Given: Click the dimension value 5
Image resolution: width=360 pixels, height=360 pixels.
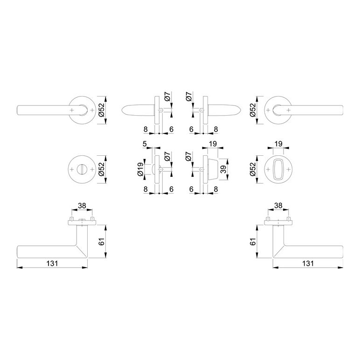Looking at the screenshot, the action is click(145, 144).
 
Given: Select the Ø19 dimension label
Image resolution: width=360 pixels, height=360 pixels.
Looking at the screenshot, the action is click(140, 169).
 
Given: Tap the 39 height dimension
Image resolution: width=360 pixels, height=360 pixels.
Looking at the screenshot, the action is click(223, 169).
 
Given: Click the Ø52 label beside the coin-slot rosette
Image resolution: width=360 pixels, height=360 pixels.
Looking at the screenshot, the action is click(102, 169).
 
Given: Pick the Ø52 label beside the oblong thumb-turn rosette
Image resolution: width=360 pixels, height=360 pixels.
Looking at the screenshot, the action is click(253, 169).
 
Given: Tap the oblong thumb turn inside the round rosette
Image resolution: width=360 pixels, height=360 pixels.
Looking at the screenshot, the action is click(278, 169).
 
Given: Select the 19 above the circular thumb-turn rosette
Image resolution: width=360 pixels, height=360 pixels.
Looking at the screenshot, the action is click(278, 144).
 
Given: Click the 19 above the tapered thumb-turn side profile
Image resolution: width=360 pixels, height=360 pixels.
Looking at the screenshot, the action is click(213, 144).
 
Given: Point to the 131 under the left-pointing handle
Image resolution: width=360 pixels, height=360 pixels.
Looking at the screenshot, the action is click(52, 263).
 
